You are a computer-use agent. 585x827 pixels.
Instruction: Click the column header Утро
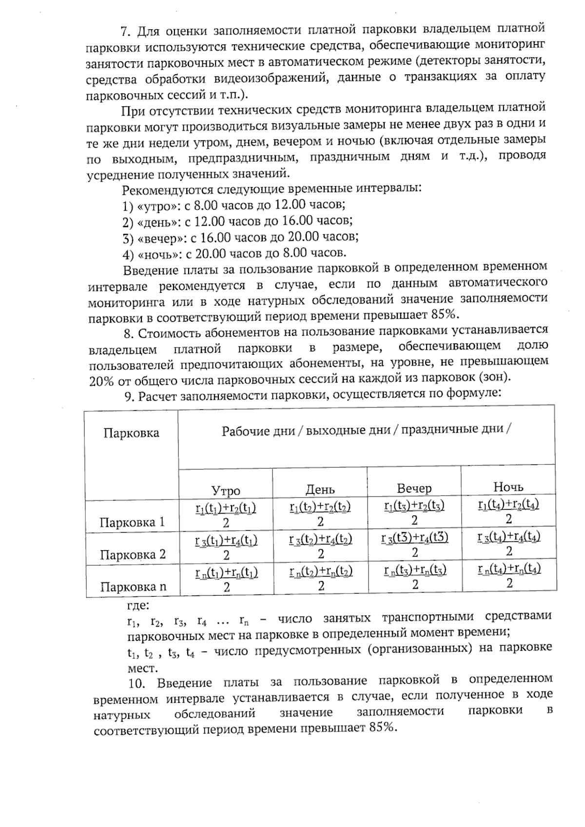(225, 490)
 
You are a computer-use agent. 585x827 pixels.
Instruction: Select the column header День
(320, 489)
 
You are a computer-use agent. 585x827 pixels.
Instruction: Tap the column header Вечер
(414, 488)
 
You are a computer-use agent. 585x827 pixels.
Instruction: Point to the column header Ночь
(508, 486)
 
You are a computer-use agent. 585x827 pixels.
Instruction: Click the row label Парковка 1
(132, 522)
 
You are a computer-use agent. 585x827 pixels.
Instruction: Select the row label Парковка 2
(133, 555)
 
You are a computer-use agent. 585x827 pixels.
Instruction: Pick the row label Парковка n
(133, 587)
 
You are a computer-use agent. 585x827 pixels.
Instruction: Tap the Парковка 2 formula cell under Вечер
(414, 545)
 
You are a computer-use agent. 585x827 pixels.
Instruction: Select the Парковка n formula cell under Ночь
(509, 575)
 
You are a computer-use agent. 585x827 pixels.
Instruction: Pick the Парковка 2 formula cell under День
(320, 546)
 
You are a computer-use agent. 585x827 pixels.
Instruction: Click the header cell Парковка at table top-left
(131, 433)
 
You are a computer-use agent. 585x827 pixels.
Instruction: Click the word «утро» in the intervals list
(157, 206)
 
